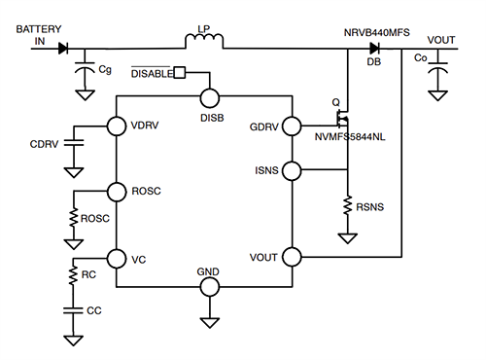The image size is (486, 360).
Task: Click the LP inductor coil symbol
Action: point(204,42)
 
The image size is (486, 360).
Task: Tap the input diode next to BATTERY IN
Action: point(63,47)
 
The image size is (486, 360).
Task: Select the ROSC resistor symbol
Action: point(72,219)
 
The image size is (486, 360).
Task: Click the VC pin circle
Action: point(117,259)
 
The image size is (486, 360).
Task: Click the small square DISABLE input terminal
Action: point(180,73)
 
